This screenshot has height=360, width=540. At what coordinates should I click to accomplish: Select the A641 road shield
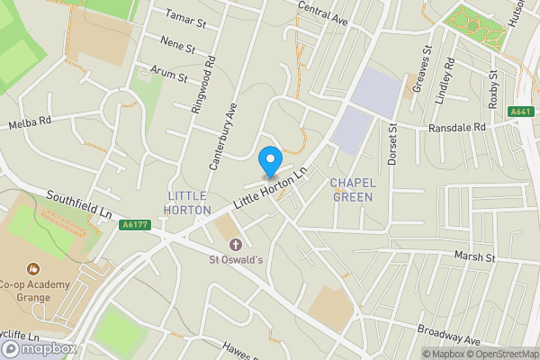pyautogui.click(x=519, y=112)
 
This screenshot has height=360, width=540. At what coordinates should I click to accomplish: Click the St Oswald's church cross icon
pyautogui.click(x=236, y=245)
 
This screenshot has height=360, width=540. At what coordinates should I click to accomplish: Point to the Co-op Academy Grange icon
pyautogui.click(x=33, y=267)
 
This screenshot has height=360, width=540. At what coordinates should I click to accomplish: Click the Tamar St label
pyautogui.click(x=185, y=15)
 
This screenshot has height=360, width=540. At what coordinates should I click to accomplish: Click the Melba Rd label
pyautogui.click(x=31, y=123)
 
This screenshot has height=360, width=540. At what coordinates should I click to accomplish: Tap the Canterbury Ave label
pyautogui.click(x=222, y=135)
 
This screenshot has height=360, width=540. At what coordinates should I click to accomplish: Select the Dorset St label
pyautogui.click(x=393, y=139)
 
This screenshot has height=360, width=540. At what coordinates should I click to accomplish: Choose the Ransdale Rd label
pyautogui.click(x=456, y=128)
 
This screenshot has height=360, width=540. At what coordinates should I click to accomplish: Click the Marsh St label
pyautogui.click(x=476, y=257)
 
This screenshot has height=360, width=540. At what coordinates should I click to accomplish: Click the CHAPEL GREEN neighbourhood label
pyautogui.click(x=352, y=189)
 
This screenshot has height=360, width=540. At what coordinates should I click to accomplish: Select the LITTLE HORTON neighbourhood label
pyautogui.click(x=187, y=202)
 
